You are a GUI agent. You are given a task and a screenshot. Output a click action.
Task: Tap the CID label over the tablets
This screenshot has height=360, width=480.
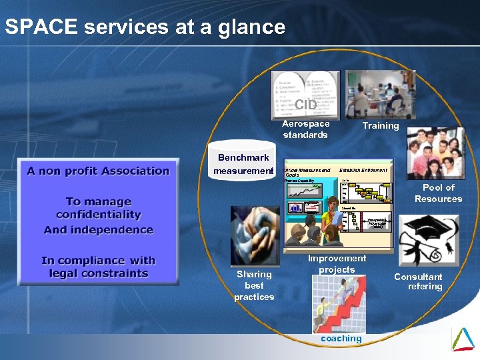[x=306, y=105]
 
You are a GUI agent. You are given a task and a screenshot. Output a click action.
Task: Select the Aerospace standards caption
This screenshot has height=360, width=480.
[x=305, y=129]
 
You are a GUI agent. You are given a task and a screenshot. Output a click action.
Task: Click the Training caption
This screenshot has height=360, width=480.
[x=380, y=125]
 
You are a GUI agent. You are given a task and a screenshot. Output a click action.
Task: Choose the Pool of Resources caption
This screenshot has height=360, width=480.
[x=438, y=193]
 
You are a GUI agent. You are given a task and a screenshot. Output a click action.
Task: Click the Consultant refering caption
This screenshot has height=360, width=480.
[x=418, y=281]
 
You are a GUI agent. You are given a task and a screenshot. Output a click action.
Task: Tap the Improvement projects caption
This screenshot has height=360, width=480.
[x=337, y=263]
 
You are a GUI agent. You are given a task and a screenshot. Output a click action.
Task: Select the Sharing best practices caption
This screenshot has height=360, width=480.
[x=254, y=285]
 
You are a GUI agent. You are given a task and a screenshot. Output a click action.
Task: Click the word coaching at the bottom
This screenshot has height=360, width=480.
[x=341, y=338]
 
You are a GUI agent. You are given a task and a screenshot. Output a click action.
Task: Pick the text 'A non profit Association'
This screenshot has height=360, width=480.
[x=98, y=171]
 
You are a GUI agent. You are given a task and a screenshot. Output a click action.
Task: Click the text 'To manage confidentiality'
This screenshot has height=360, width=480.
[x=99, y=208]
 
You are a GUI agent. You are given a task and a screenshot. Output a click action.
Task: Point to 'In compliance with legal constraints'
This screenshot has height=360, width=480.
[x=98, y=267]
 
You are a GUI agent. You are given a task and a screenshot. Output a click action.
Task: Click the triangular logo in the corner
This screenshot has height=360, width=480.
[x=463, y=339]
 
